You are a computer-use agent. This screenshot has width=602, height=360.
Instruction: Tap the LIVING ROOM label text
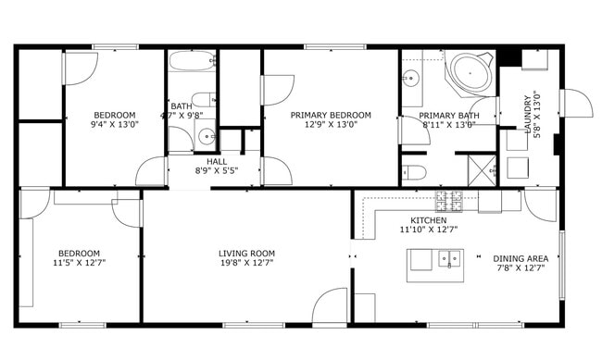(x=246, y=254)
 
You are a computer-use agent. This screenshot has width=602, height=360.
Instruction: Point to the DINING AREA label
(x=520, y=259)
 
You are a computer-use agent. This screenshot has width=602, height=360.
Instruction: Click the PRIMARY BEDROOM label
(x=331, y=116)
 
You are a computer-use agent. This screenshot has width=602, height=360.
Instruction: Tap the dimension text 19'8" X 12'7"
(x=246, y=264)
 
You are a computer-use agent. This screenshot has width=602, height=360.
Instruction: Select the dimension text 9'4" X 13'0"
(x=114, y=125)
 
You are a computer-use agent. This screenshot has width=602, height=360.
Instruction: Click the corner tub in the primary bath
(x=472, y=72)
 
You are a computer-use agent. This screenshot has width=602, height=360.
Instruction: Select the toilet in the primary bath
(x=413, y=172)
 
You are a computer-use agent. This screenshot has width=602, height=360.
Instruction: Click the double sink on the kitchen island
(x=450, y=259)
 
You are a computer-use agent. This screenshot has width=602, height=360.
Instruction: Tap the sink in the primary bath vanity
(x=409, y=80)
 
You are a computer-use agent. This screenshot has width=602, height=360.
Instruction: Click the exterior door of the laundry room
(x=577, y=103)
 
